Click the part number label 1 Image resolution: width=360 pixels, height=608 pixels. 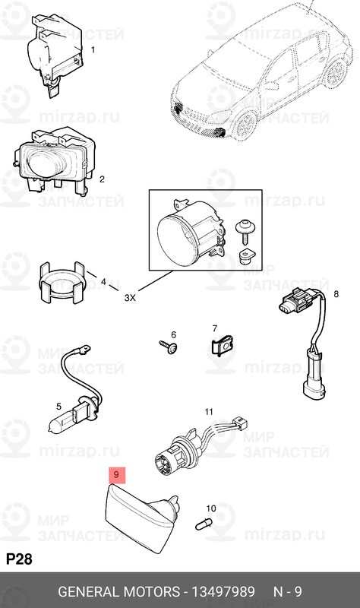pyautogui.click(x=93, y=50)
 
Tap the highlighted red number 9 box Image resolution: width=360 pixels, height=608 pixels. pyautogui.click(x=116, y=476)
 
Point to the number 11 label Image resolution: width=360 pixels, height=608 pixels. pyautogui.click(x=208, y=412)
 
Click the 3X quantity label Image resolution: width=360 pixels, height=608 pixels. pyautogui.click(x=130, y=297)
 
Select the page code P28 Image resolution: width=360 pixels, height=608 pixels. pyautogui.click(x=19, y=559)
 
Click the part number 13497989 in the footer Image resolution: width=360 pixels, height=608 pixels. pyautogui.click(x=222, y=592)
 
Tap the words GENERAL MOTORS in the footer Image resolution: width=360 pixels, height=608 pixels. pyautogui.click(x=118, y=592)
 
